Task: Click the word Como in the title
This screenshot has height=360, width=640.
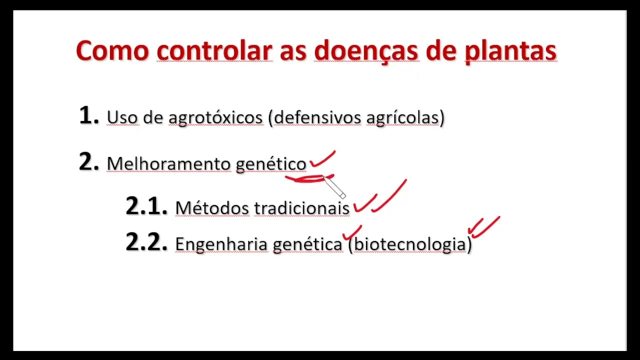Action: pos(112,51)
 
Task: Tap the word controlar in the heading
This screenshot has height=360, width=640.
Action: pos(214,51)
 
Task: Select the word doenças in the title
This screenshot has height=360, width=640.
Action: pos(366,51)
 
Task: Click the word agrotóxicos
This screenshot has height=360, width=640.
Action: pos(215,118)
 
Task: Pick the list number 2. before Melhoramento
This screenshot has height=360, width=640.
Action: pos(89,162)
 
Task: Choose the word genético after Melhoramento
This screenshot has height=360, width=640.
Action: pos(270,164)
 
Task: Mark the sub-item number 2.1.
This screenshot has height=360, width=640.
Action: pos(146,206)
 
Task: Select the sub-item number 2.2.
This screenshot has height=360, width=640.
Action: pos(146,242)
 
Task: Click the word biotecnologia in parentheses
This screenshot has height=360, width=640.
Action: pos(410,244)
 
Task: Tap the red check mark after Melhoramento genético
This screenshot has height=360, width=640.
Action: pos(322,160)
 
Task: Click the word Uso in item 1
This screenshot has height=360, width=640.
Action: pos(122,118)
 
